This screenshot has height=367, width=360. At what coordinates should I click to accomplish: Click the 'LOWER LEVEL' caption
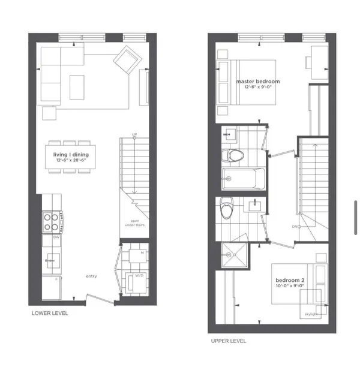tap(50, 313)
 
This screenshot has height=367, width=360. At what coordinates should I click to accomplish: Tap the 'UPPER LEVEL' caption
tap(228, 341)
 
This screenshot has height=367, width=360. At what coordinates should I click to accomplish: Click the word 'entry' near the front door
tap(91, 276)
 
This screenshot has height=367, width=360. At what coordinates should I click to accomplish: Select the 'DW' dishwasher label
tap(56, 238)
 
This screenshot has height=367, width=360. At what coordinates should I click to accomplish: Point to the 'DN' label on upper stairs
tap(295, 227)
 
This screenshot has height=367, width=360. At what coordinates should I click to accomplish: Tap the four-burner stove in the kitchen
tap(50, 222)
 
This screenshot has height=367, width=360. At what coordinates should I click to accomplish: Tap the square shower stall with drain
tap(232, 256)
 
